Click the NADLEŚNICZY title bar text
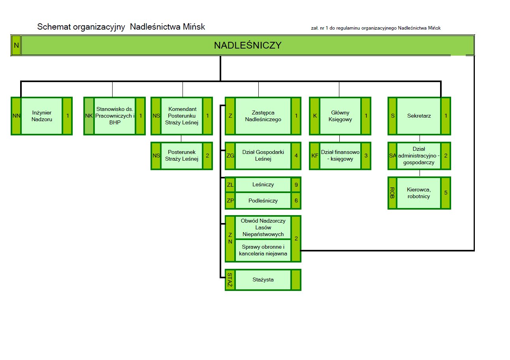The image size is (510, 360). [x=247, y=45]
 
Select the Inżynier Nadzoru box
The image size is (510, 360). [x=41, y=116]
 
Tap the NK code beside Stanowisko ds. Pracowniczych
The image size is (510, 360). [x=89, y=116]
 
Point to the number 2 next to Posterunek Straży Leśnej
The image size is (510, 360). [x=207, y=156]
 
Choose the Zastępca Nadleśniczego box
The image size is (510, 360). [x=263, y=116]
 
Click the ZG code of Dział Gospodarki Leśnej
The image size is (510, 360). [x=230, y=156]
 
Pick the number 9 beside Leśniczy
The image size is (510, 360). [x=296, y=184]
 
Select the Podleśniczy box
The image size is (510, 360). [x=263, y=201]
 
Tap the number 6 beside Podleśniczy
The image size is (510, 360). [x=296, y=201]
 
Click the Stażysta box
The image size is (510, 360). [x=263, y=280]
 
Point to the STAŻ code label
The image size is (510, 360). [x=230, y=280]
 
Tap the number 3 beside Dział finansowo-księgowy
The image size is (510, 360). [x=366, y=156]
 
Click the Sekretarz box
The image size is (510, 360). [x=419, y=116]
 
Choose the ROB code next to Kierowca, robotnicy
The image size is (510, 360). [x=392, y=193]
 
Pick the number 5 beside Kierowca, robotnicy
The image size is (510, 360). [x=446, y=193]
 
